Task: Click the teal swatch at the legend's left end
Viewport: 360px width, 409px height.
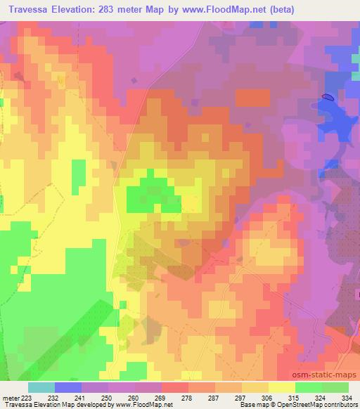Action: pyautogui.click(x=41, y=388)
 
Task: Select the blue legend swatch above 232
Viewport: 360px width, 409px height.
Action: pyautogui.click(x=68, y=388)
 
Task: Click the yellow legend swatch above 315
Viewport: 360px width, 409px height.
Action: pyautogui.click(x=282, y=388)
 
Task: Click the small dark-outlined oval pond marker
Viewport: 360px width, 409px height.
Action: pyautogui.click(x=328, y=97)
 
